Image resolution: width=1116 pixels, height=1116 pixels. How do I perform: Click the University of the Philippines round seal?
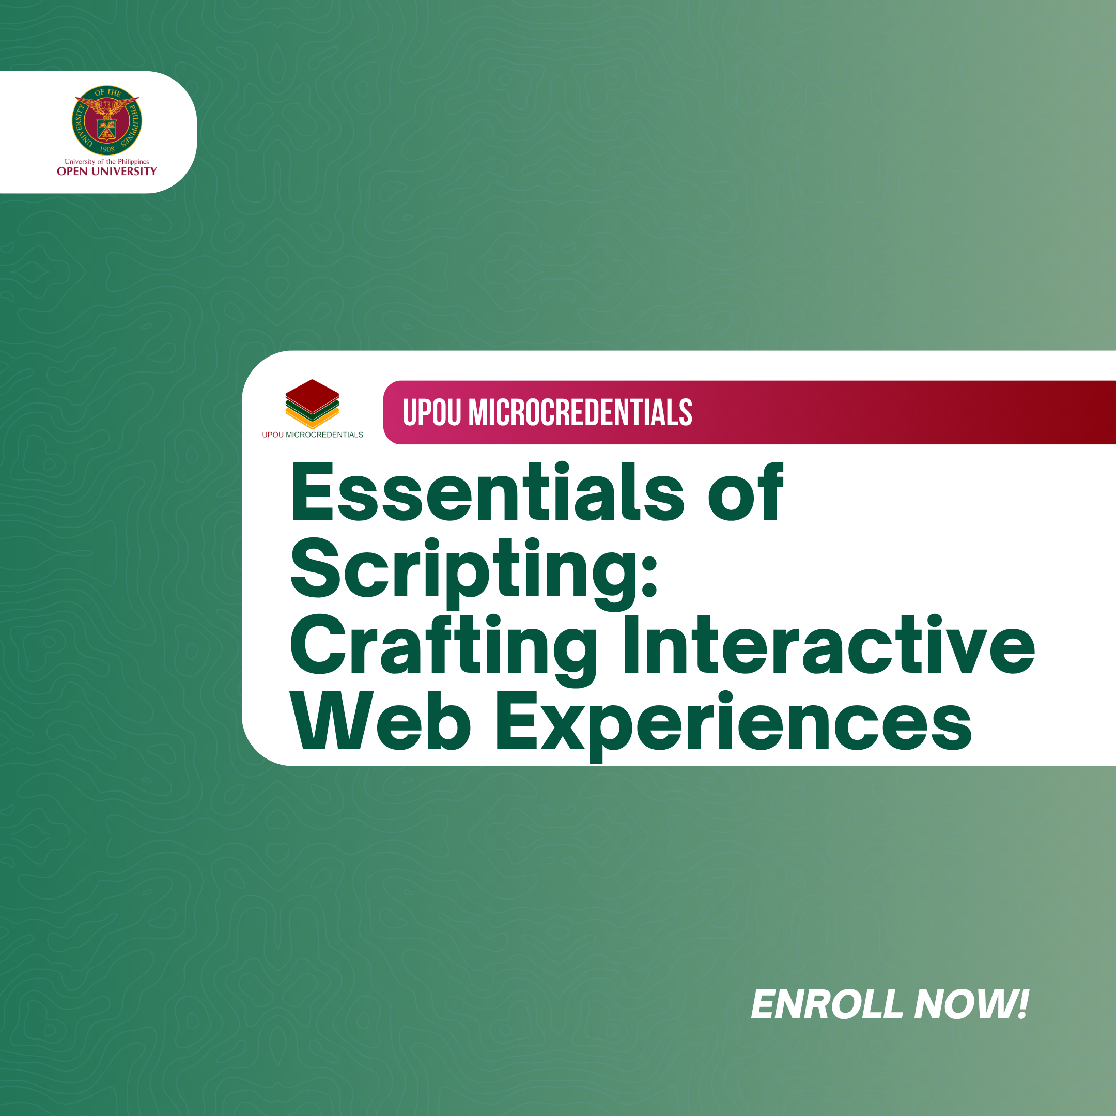coord(107,121)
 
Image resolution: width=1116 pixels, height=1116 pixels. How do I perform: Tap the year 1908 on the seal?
coord(107,149)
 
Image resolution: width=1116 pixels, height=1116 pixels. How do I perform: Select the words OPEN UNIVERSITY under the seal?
coord(107,172)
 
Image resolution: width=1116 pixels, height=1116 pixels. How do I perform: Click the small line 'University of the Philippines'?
coord(107,162)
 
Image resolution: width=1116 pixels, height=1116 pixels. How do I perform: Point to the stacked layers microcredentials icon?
coord(312,404)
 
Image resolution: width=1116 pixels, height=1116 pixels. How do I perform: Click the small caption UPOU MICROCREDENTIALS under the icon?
coord(313,435)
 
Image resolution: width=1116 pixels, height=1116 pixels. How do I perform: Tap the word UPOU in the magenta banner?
coord(432,412)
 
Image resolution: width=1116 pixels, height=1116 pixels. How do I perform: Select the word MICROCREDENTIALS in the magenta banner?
coord(580,412)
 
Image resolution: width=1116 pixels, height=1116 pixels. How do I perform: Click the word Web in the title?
coord(381,721)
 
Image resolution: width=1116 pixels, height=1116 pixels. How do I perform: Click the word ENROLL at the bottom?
coord(827,1004)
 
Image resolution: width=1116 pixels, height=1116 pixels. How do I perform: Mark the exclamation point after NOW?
coord(1022,1004)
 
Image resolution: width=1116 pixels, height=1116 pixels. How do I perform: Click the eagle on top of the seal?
coord(107,107)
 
